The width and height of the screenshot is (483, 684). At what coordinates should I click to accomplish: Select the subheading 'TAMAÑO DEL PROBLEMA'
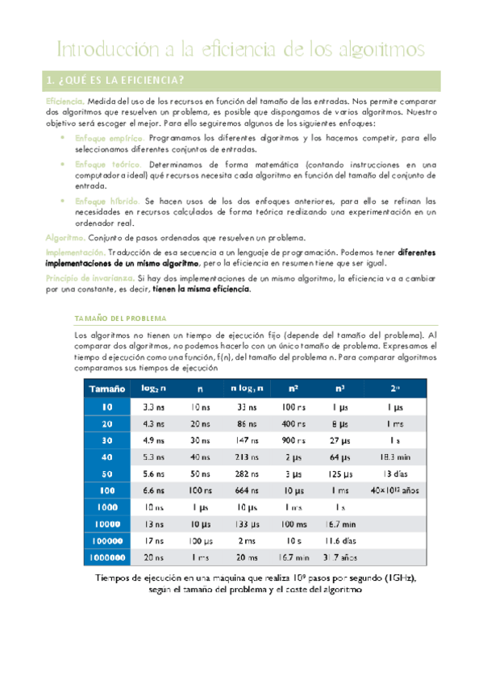(119, 318)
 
